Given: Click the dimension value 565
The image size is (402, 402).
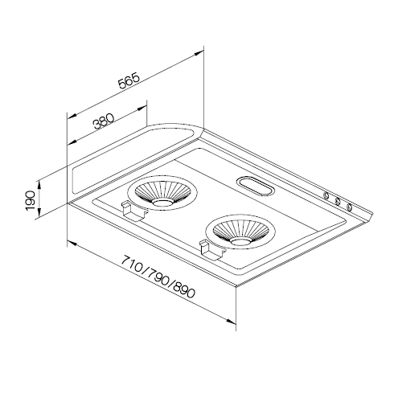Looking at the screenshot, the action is click(129, 80).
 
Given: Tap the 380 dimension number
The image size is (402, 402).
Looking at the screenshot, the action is click(104, 121).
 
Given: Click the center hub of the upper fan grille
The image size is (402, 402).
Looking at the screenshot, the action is click(162, 203).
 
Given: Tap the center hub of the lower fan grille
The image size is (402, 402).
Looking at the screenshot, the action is click(240, 242).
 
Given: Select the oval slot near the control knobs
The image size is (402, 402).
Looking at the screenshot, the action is click(255, 186).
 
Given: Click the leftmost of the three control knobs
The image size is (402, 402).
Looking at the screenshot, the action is click(326, 195).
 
